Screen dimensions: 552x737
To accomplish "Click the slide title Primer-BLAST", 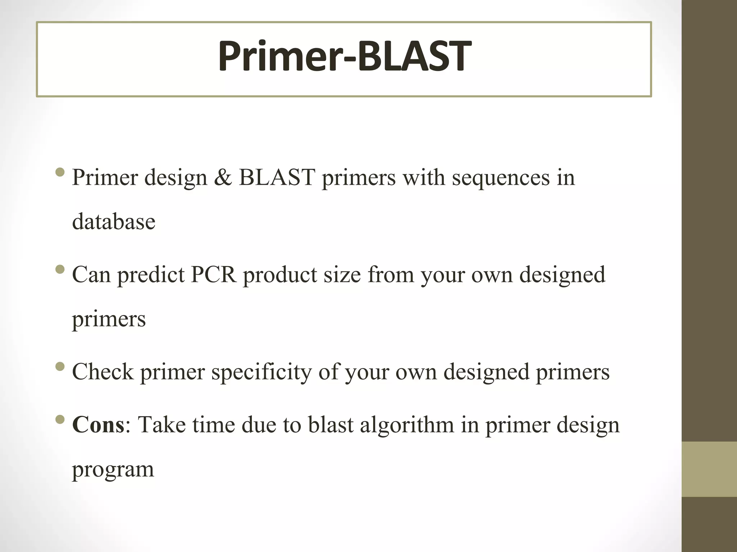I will [344, 57].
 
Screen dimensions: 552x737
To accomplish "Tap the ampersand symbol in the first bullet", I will [223, 178].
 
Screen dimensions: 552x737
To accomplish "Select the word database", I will [114, 222].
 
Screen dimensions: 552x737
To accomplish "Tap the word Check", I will [103, 372].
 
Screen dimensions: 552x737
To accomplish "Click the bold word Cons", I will [98, 425].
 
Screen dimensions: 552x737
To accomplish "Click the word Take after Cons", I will [162, 425].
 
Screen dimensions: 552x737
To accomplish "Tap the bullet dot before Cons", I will [60, 419].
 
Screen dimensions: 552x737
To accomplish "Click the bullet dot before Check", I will [60, 367].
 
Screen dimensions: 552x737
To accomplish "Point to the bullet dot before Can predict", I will [60, 269].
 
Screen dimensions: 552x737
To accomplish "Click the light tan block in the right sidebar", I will [709, 469].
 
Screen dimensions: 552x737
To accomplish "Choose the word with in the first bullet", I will [424, 178].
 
